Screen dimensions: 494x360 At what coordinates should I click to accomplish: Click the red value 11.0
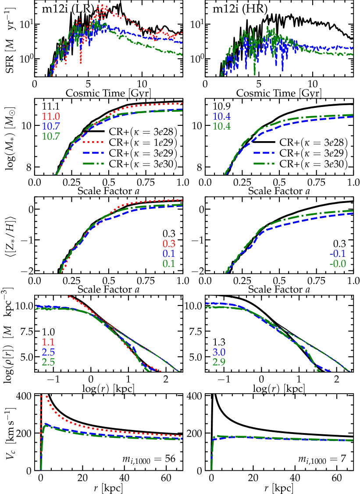[x=51, y=117]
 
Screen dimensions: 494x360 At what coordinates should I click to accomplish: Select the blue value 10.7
[x=51, y=126]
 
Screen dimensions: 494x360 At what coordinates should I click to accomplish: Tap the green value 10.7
[x=51, y=136]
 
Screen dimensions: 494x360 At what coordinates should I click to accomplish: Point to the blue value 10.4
[x=221, y=117]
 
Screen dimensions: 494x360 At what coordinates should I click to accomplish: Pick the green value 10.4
[x=221, y=127]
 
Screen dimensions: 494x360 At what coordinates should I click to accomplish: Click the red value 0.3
[x=169, y=244]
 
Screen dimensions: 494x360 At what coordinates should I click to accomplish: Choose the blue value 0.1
[x=169, y=254]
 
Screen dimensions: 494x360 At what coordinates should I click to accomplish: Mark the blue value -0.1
[x=338, y=254]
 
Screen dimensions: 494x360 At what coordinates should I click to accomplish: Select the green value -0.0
[x=338, y=264]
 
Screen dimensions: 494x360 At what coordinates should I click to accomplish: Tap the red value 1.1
[x=48, y=342]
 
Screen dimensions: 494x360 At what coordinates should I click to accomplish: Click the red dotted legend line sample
[x=93, y=142]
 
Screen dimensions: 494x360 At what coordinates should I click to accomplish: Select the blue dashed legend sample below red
[x=93, y=153]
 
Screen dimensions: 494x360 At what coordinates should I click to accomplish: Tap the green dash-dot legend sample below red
[x=93, y=163]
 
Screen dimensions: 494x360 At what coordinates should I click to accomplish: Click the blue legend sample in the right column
[x=264, y=153]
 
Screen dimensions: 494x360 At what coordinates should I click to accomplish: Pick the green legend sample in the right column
[x=264, y=163]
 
